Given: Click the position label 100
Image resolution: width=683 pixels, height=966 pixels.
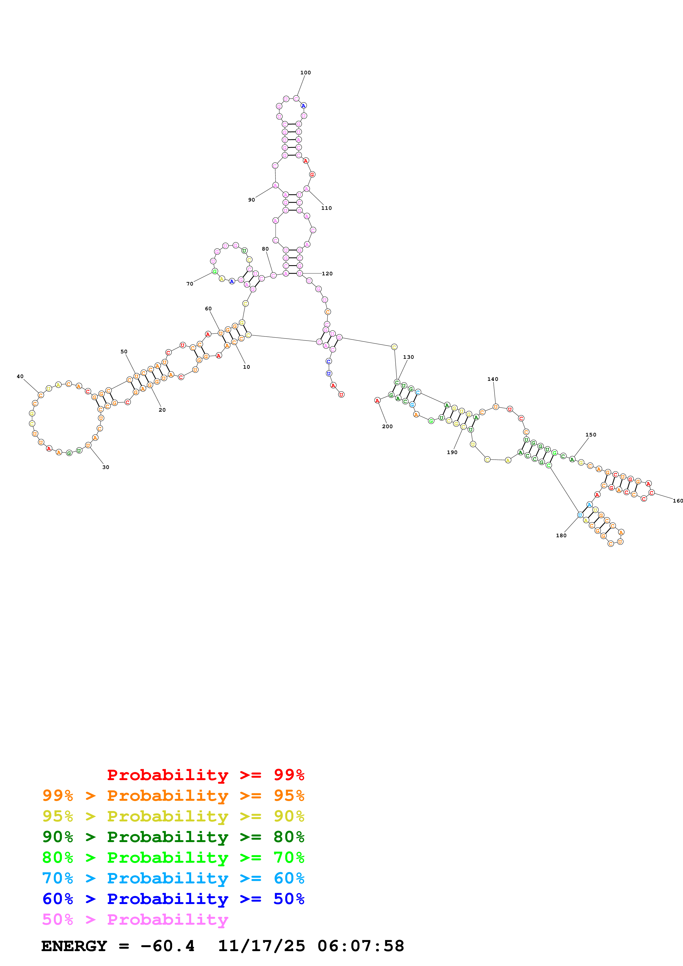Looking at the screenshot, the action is click(306, 73).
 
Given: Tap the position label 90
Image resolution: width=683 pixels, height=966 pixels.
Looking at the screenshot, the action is click(251, 200).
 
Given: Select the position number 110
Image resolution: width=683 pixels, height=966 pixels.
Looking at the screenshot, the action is click(326, 208).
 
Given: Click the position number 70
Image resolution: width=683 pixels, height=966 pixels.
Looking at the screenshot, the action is click(190, 284).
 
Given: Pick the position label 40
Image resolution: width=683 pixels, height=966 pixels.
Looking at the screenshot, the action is click(20, 376).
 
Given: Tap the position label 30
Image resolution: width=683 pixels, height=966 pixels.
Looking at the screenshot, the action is click(106, 467).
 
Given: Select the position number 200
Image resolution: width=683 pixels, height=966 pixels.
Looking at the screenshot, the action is click(387, 427).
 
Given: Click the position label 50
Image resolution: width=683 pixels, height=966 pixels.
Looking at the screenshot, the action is click(124, 352).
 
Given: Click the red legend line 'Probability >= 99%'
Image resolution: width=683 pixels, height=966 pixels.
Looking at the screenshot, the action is click(205, 775).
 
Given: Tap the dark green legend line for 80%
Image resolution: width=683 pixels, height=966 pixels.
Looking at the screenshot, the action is click(173, 837).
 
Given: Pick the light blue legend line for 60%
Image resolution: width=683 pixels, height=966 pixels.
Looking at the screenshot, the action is click(173, 878).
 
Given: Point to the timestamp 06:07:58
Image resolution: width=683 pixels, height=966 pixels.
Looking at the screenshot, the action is click(361, 946).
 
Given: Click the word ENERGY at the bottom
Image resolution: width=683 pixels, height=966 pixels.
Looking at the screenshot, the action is click(74, 946).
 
